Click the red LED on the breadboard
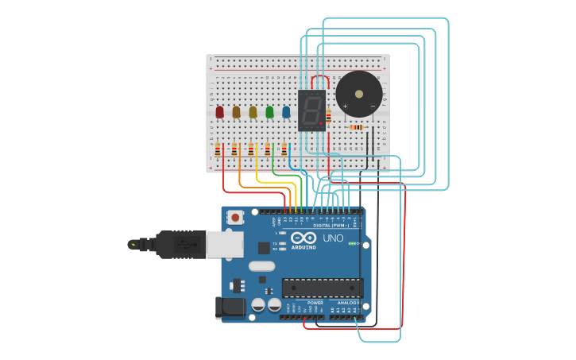[x=219, y=112]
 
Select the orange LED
[x=236, y=112]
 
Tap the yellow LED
[x=253, y=112]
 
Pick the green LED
[x=269, y=112]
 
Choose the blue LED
[x=286, y=112]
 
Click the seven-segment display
[x=311, y=110]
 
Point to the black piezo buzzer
[x=358, y=94]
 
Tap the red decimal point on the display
[x=321, y=124]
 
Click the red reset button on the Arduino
[x=236, y=217]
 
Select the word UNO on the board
[x=333, y=238]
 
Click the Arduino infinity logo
[x=303, y=238]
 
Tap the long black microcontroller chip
[x=323, y=288]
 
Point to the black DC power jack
[x=230, y=308]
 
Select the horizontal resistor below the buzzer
[x=356, y=127]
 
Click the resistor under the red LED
[x=218, y=149]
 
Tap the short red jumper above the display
[x=319, y=79]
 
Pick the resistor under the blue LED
[x=284, y=149]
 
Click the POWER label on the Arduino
[x=315, y=303]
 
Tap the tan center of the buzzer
[x=359, y=93]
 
